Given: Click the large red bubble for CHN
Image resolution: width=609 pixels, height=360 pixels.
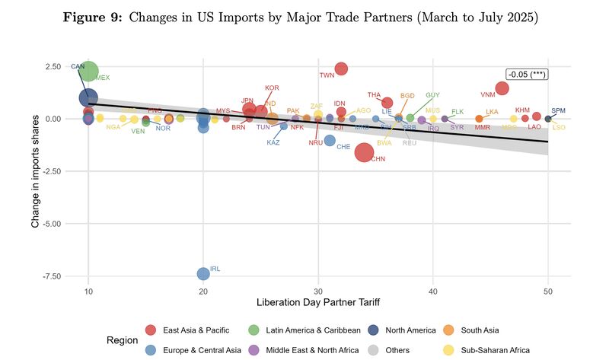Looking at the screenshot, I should coord(364,152).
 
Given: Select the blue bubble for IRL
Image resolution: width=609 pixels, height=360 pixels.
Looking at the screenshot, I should coord(203,273).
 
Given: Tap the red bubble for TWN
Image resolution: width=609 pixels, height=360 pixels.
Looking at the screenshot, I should coord(341,69).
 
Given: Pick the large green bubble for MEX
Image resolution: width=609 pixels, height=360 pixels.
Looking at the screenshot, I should coord(89,72).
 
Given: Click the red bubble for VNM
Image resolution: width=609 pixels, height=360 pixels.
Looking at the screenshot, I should coord(502,88).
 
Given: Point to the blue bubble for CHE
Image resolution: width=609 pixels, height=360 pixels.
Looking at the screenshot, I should coord(330,140).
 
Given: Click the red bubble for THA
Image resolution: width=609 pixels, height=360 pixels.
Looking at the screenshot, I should coord(387,103).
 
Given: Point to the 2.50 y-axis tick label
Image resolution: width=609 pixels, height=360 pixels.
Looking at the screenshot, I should coord(52,67).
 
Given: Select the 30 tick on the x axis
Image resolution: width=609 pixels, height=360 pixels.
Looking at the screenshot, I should coord(318,292).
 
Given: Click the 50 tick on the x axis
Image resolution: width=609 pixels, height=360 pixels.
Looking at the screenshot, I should coord(547,292).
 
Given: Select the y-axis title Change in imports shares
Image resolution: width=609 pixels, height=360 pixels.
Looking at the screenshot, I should coord(35,171).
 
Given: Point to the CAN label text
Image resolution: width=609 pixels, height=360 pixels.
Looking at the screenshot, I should coord(78,67).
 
